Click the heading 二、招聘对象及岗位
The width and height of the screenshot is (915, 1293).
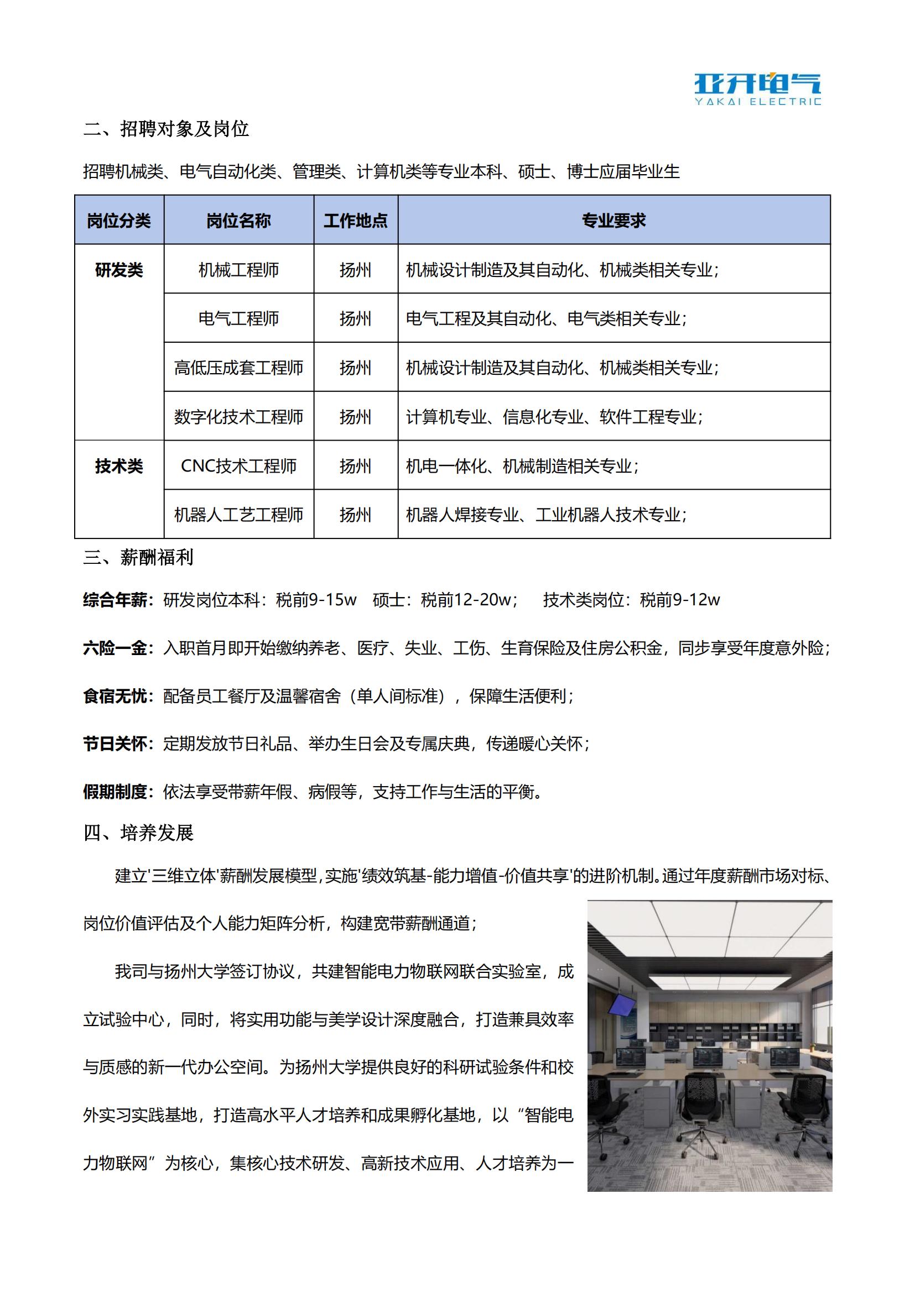click(165, 129)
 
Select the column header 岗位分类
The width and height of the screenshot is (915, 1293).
click(119, 221)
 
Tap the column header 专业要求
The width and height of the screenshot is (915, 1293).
click(614, 221)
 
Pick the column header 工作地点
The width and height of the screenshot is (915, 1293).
click(356, 221)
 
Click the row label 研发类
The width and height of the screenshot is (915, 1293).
click(119, 270)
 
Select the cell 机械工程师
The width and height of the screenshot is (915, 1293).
click(238, 270)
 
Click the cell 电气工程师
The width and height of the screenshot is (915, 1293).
click(238, 319)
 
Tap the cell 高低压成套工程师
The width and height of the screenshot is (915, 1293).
click(238, 368)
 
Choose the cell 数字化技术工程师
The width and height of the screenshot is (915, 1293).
click(238, 417)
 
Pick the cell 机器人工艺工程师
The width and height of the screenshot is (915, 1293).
click(238, 515)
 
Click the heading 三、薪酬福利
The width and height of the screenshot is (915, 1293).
click(139, 558)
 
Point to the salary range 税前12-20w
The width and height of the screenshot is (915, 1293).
click(466, 600)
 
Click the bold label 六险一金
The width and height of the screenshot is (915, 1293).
click(115, 648)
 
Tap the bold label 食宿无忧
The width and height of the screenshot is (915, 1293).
click(115, 697)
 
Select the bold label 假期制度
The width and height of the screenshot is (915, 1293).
click(115, 792)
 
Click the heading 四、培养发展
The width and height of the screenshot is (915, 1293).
click(139, 833)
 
